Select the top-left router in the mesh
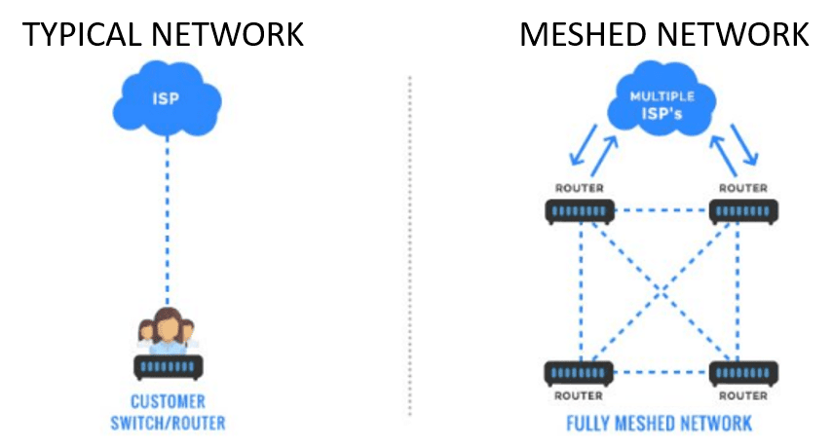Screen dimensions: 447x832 (x=580, y=210)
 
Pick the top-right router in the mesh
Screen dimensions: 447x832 (x=743, y=210)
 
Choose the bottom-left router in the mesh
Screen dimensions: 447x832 (x=580, y=373)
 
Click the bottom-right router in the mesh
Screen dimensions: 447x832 (x=743, y=373)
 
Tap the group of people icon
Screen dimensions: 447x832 (x=167, y=330)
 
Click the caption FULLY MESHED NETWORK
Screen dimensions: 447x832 (x=661, y=424)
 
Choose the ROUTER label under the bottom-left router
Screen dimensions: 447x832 (x=580, y=396)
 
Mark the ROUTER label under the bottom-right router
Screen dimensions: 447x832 (x=743, y=396)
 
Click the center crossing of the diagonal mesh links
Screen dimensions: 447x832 (x=662, y=290)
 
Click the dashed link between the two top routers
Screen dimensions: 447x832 (x=662, y=209)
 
